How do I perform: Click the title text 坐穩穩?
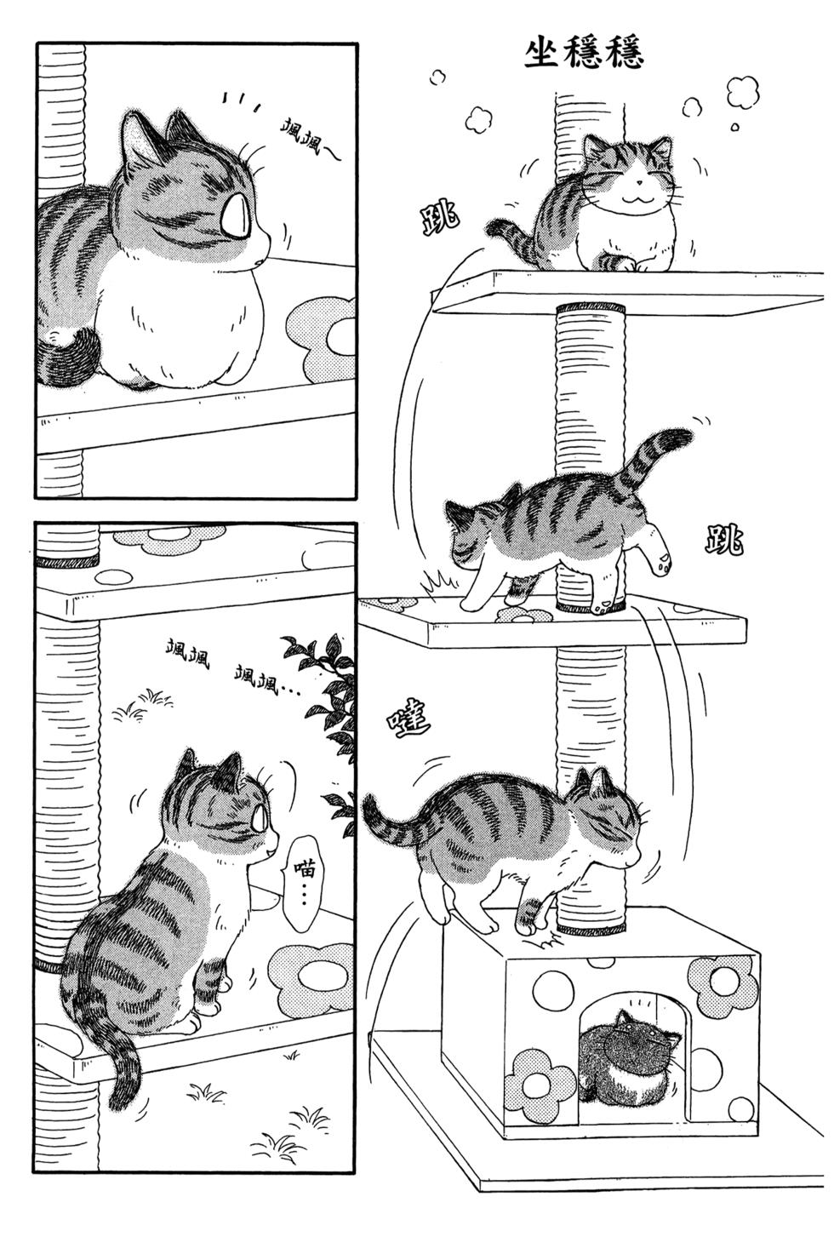pos(585,51)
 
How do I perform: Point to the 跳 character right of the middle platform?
pos(723,540)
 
